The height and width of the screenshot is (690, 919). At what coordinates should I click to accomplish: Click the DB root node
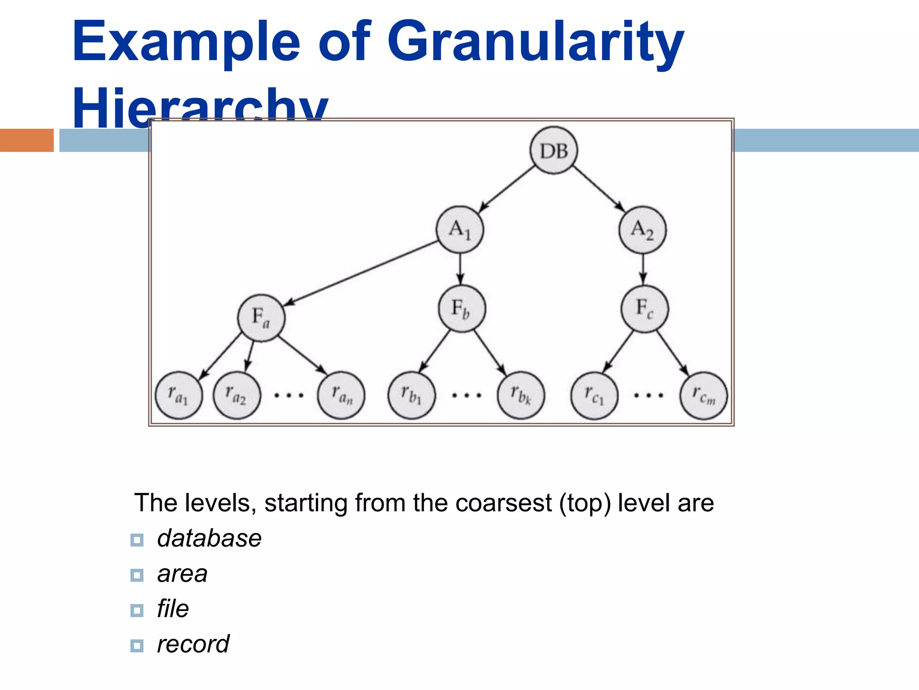pos(553,150)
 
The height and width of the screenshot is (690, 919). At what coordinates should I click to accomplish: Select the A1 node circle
pos(460,230)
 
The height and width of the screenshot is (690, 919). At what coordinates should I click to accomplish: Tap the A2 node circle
pos(643,230)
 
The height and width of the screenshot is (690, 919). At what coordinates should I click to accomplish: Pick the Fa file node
pos(261,318)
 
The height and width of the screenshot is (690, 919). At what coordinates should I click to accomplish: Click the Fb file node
pos(462,309)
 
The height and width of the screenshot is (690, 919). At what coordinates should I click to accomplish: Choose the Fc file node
pos(645,309)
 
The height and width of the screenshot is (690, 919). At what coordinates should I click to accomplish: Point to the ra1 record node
pos(179,395)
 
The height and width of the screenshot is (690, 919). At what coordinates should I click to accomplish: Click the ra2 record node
pos(236,395)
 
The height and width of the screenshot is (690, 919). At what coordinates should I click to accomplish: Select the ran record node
pos(341,395)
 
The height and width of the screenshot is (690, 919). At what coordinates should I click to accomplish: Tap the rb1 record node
pos(411,395)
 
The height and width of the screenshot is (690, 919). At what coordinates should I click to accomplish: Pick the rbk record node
pos(521,395)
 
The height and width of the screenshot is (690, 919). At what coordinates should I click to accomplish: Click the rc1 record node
pos(594,395)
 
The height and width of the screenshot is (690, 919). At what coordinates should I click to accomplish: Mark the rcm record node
pos(703,395)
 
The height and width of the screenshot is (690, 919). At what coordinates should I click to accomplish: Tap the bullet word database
pos(209,538)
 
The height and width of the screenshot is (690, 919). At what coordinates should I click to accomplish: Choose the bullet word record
pos(193,644)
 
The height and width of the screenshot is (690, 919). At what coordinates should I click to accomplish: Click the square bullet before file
pos(137,610)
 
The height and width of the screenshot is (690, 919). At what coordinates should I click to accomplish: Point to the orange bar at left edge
pos(26,140)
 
